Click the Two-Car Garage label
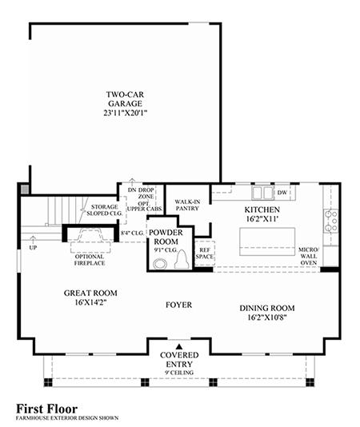(125, 99)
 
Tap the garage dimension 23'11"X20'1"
(125, 113)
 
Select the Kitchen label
(262, 210)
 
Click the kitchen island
(267, 241)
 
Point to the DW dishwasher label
(282, 193)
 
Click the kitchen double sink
(262, 193)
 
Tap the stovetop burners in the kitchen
(331, 221)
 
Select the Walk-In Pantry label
(187, 205)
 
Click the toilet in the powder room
(182, 260)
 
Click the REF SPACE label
(204, 253)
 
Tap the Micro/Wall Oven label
(308, 256)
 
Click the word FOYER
(178, 305)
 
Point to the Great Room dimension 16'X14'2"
(90, 302)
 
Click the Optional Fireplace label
(90, 260)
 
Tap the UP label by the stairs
(33, 248)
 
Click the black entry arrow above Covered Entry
(178, 346)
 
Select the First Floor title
(47, 409)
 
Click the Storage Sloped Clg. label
(104, 210)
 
